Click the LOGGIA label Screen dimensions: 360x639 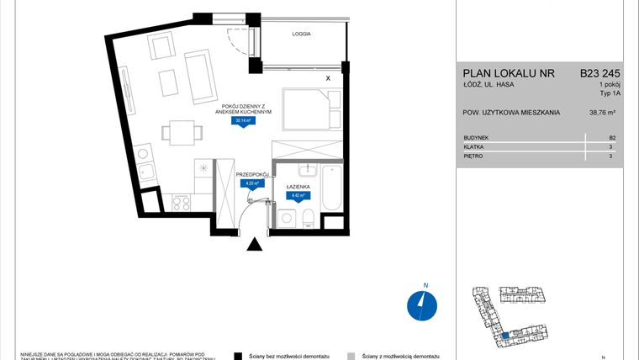click(x=303, y=34)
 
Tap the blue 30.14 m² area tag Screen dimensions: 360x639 click(x=244, y=121)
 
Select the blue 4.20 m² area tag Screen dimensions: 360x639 click(x=250, y=183)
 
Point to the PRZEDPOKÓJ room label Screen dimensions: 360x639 click(x=252, y=173)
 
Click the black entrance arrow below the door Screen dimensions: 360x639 click(x=254, y=245)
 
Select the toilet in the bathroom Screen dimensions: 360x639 click(x=309, y=218)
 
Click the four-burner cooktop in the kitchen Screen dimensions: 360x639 click(x=182, y=202)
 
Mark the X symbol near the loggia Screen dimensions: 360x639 click(x=328, y=77)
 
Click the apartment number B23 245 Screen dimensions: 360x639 click(x=600, y=73)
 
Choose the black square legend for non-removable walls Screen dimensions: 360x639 click(x=239, y=356)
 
